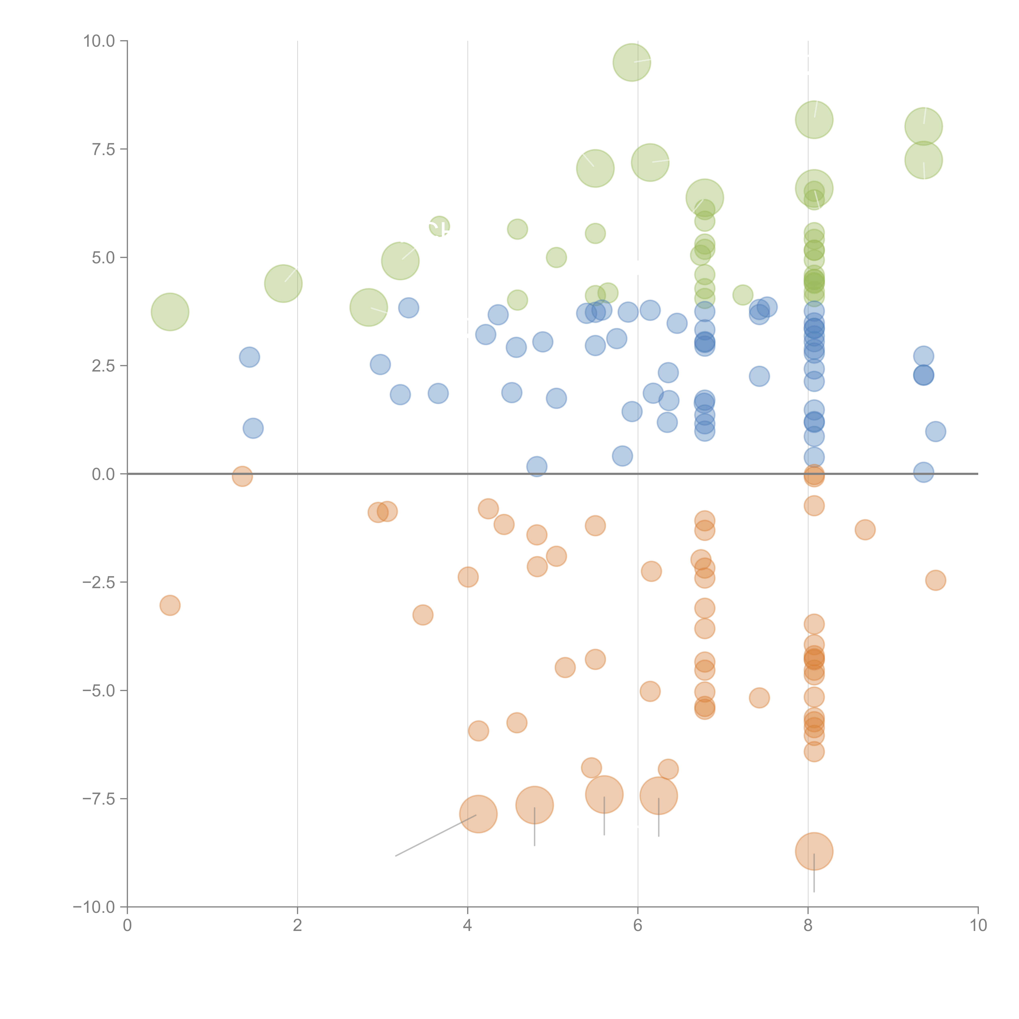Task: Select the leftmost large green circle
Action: pos(170,312)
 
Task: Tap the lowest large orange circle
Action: pos(814,851)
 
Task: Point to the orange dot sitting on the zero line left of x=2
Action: pos(242,476)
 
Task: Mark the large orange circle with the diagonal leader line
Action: pos(478,814)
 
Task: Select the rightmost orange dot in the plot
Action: pos(935,580)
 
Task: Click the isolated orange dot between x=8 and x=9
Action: pos(865,529)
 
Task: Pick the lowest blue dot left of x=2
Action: pos(253,428)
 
